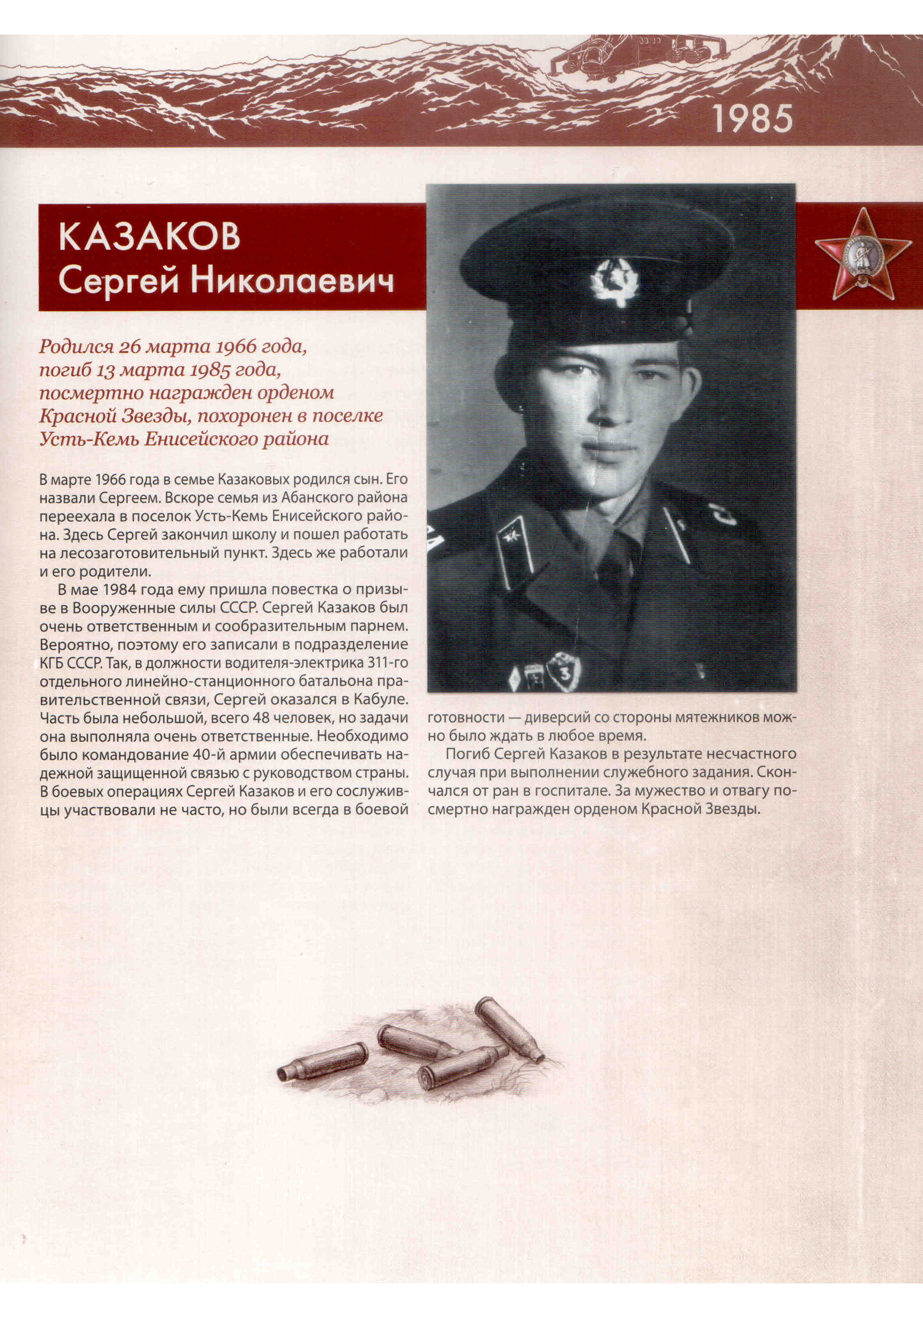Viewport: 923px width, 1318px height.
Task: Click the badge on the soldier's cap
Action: (x=615, y=281)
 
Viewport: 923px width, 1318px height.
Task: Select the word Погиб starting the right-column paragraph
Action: (x=464, y=754)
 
